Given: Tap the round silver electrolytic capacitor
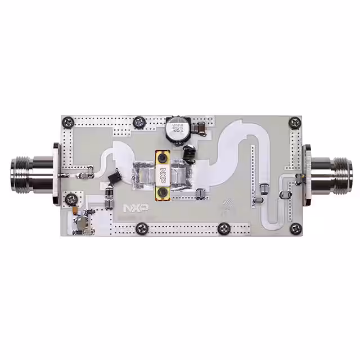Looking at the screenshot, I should [177, 130].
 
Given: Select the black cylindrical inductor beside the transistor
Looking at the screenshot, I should [190, 154].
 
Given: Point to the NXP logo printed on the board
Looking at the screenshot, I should [136, 208].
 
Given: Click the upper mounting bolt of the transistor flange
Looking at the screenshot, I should [164, 156].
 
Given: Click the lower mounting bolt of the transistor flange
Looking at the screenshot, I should [164, 193].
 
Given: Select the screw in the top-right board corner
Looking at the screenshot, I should [294, 122].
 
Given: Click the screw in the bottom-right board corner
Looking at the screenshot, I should [294, 229].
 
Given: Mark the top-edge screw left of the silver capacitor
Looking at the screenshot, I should [138, 123].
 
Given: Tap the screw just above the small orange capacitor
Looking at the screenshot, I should [71, 199].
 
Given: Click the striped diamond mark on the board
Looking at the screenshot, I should [227, 206].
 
